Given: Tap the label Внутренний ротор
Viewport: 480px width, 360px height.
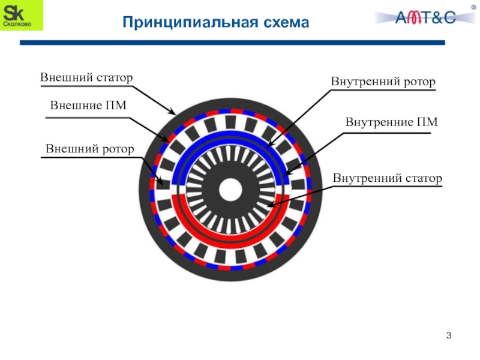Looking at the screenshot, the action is [383, 82].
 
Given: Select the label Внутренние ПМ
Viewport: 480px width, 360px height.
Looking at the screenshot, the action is [391, 122].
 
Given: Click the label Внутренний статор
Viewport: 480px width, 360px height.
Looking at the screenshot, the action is [388, 178].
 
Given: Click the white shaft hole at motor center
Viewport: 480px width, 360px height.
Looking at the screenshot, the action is [230, 191].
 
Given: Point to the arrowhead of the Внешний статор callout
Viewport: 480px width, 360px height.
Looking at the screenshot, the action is [173, 113].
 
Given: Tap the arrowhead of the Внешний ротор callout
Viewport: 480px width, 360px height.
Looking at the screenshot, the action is [163, 182].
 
